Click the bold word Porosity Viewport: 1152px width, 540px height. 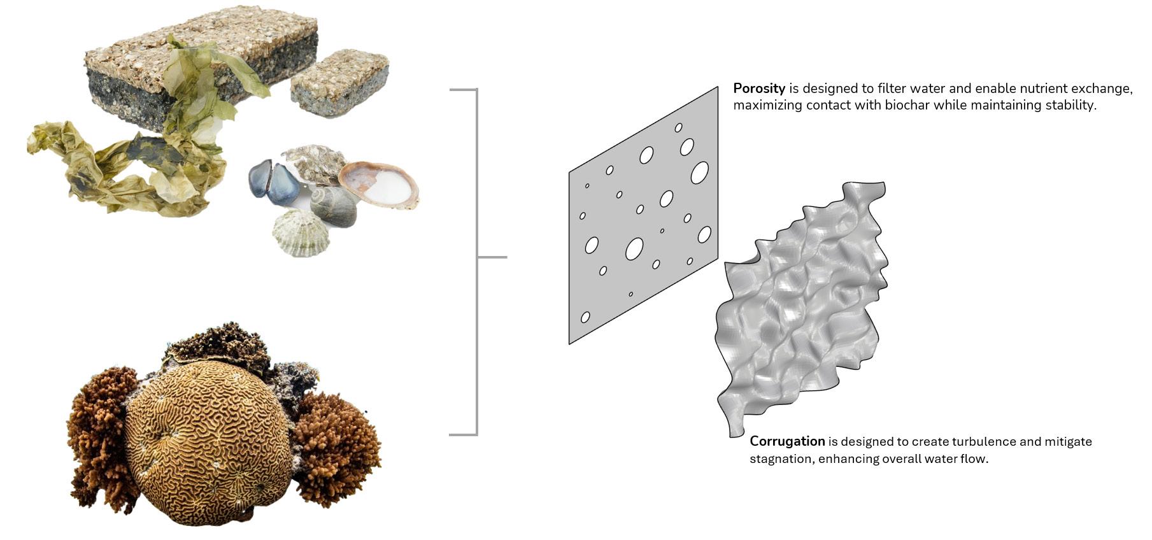coord(758,89)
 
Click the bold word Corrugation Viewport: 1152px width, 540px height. coord(787,441)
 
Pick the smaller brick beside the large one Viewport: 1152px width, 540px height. coord(339,83)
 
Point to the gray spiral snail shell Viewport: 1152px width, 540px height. coord(334,206)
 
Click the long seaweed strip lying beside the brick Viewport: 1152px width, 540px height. coord(121,172)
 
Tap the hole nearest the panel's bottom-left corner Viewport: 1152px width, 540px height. coord(585,317)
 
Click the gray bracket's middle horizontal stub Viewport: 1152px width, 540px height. coord(492,257)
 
